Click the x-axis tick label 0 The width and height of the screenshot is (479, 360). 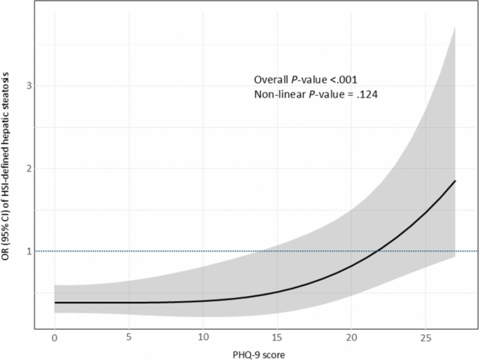coord(54,338)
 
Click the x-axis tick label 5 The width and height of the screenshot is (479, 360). coord(129,338)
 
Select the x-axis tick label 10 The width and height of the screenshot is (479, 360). coord(203,338)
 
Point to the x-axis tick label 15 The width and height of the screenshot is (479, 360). coord(277,338)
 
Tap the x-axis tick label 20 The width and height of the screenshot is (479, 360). coord(351,338)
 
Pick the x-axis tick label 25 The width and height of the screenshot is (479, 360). coord(426,338)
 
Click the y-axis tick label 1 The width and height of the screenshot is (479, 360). coord(29,252)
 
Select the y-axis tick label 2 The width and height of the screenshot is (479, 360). coord(29,168)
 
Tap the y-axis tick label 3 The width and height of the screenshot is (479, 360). coord(29,86)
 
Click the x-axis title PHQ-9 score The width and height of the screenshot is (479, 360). coord(259,355)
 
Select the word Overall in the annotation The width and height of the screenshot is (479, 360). coord(271,80)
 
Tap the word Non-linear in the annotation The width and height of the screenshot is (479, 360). coord(280,95)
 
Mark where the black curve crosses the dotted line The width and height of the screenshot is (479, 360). coord(378,251)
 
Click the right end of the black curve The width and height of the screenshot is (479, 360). coord(455,181)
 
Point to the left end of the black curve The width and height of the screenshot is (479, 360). coord(55,302)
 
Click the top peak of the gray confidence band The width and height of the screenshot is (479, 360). coord(455,27)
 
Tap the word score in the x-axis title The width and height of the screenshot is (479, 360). coord(274,355)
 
